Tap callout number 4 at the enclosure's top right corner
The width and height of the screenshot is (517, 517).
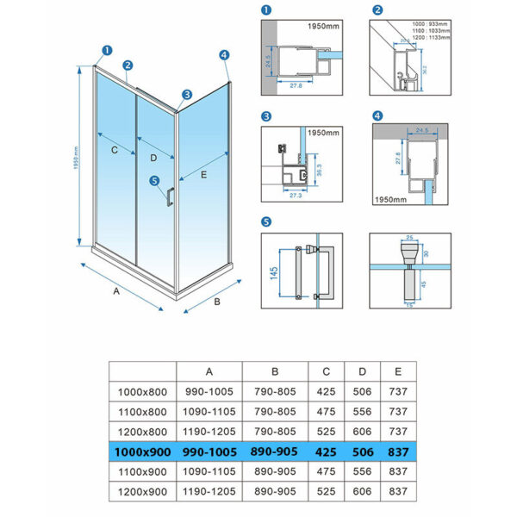tap(224, 54)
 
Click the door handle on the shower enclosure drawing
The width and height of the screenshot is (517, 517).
tap(169, 196)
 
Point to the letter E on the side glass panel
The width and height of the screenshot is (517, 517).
tap(203, 175)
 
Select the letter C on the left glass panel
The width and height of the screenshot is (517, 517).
tap(114, 149)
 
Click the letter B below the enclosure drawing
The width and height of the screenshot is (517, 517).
tap(218, 302)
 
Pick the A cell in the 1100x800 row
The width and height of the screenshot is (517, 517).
tap(209, 409)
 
